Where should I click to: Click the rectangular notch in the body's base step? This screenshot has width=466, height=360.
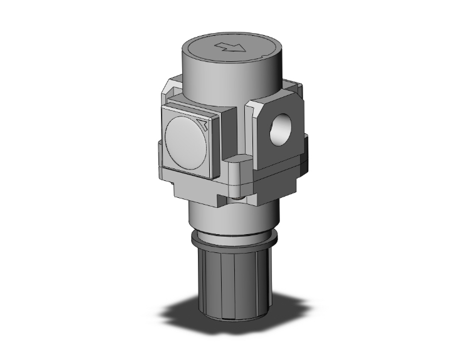click(222, 201)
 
